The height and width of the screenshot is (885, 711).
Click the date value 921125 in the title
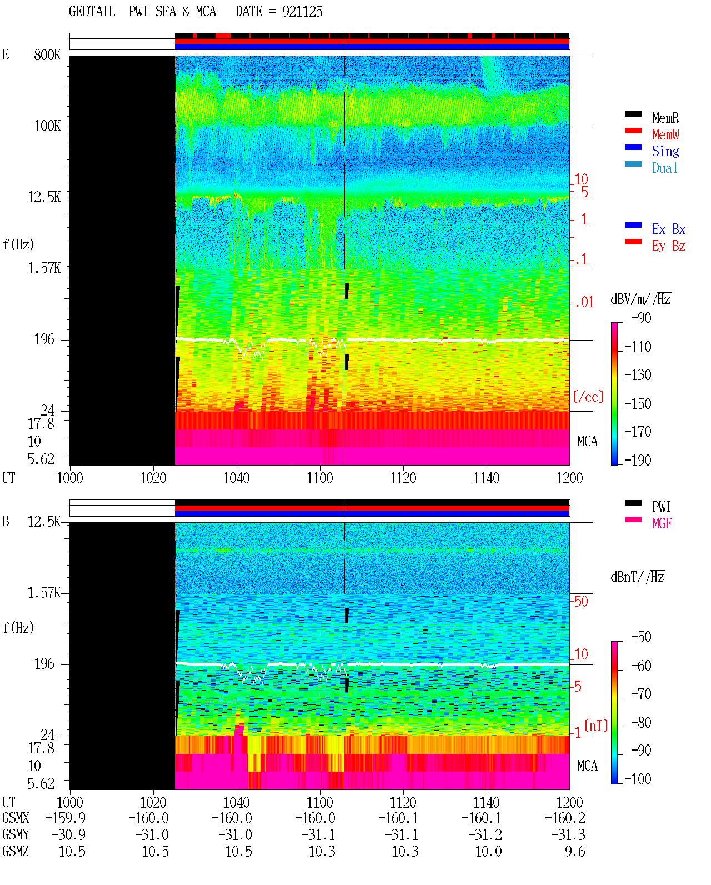[302, 12]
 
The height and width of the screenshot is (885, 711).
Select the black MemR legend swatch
[633, 114]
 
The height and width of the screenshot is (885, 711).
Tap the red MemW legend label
[665, 134]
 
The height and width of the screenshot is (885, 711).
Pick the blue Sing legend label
[665, 151]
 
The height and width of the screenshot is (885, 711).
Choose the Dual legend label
[664, 168]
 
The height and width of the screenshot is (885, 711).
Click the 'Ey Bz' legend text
[669, 246]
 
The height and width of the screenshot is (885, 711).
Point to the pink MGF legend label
[662, 523]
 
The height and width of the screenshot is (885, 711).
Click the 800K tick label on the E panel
[47, 54]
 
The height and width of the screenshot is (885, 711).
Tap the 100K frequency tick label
[47, 126]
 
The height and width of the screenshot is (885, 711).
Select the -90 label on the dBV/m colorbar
[641, 318]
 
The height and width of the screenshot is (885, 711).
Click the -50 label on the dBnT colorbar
[641, 637]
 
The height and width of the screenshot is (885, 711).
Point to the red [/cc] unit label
[588, 397]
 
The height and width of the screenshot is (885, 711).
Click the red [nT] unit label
[596, 726]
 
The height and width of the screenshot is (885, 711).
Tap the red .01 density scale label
[584, 303]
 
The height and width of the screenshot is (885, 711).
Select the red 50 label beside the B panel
[581, 602]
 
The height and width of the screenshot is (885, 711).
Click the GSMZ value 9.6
[575, 851]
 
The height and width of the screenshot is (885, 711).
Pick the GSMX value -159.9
[66, 818]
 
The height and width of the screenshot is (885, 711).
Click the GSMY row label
[16, 835]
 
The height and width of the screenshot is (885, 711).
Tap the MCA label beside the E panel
[587, 441]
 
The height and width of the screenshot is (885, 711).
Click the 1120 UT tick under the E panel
[403, 478]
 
